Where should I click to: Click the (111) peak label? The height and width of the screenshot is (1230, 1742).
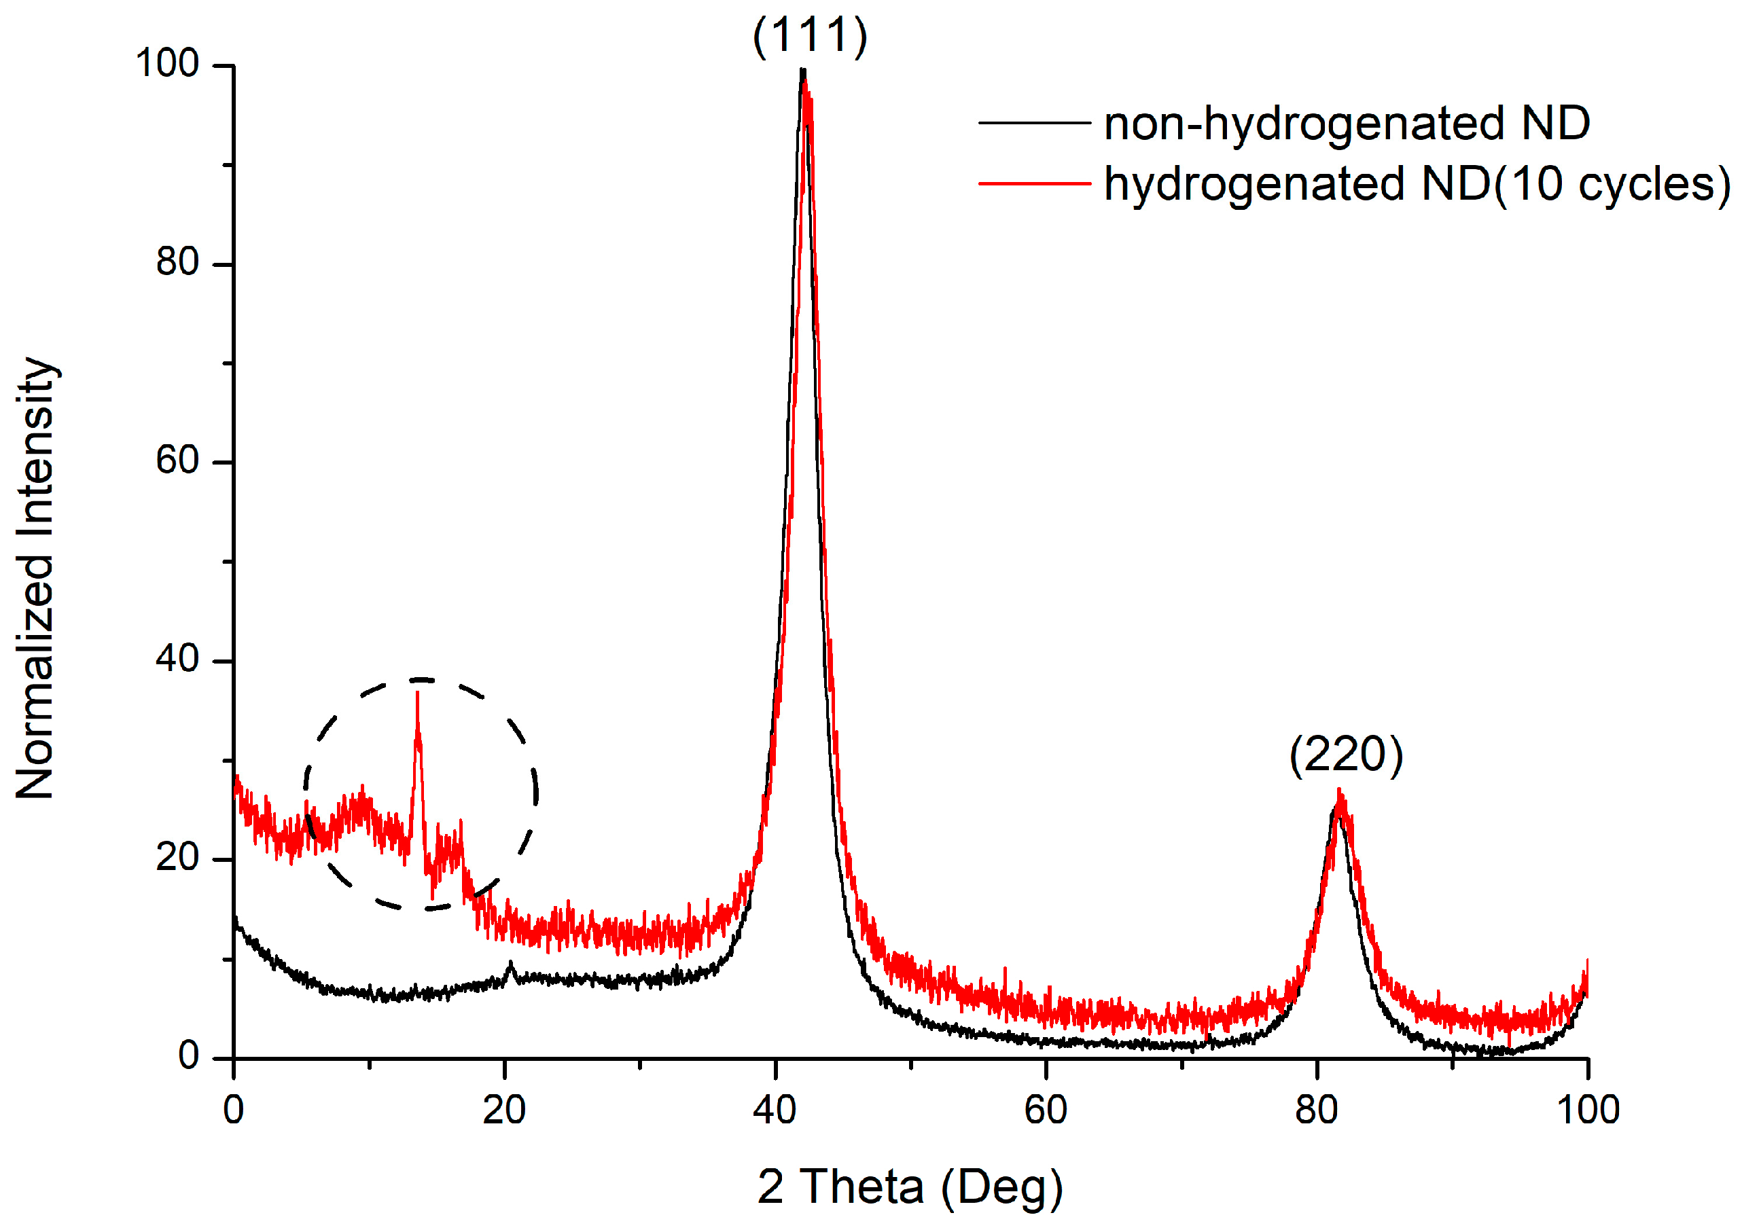coord(810,35)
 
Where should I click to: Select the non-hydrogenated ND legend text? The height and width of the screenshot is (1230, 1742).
coord(1347,123)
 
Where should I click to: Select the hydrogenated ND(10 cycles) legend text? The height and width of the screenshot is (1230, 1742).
coord(1417,183)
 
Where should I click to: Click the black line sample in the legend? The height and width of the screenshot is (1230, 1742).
coord(1033,123)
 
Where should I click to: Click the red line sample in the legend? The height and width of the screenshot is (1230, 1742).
coord(1033,183)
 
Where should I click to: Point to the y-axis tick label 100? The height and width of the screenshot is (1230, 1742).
coord(167,64)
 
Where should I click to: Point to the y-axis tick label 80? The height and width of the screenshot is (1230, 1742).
coord(177,262)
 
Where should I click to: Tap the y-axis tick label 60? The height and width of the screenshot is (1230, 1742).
coord(177,461)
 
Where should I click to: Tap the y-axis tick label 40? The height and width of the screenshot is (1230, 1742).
coord(177,659)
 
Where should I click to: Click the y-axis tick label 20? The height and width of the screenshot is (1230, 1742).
coord(177,858)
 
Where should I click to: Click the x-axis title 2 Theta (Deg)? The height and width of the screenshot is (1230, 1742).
coord(910,1187)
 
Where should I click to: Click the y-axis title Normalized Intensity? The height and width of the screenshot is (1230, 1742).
coord(35,578)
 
